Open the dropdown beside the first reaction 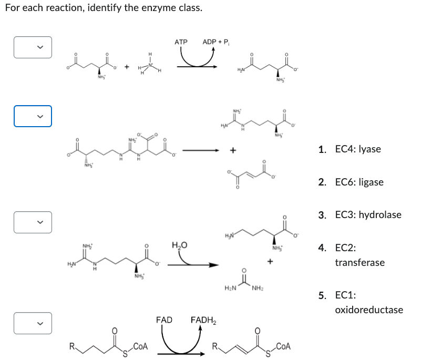coord(33,47)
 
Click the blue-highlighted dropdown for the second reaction coord(33,117)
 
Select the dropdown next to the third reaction coord(33,222)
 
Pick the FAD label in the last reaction coord(164,320)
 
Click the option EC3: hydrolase coord(366,215)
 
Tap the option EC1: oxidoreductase coord(368,303)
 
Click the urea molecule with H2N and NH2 coord(243,281)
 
